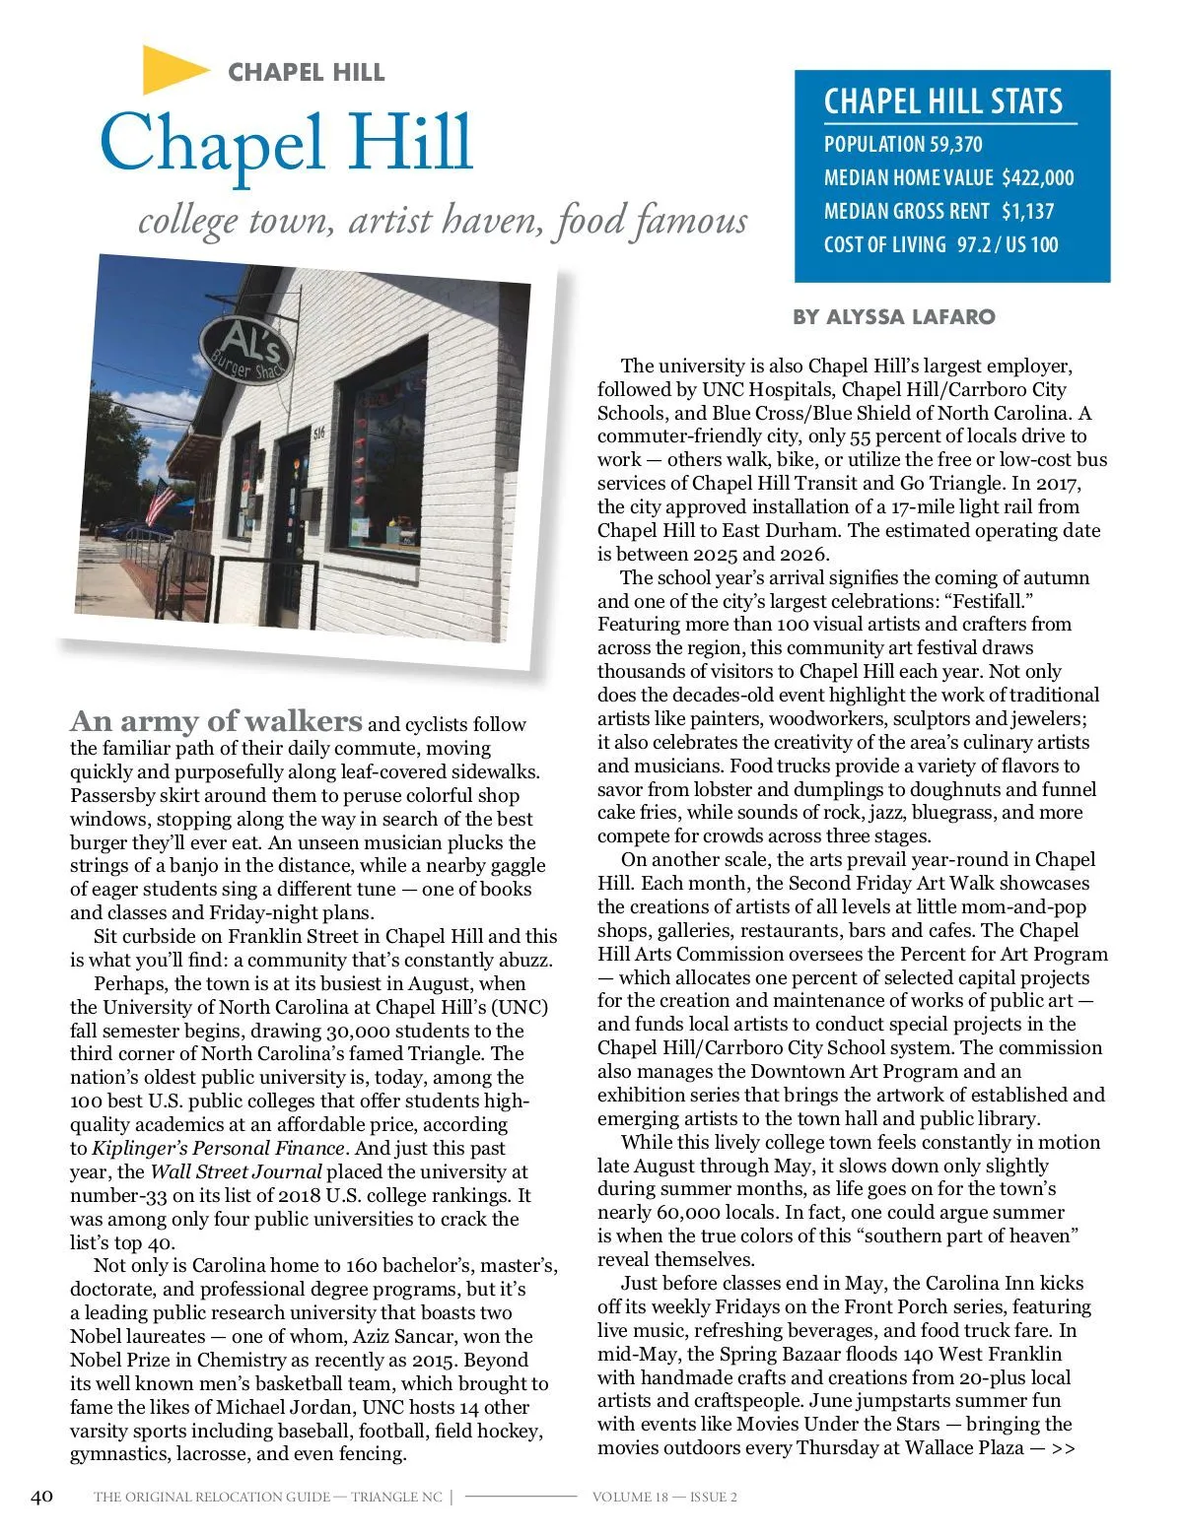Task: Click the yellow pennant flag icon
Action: [x=174, y=70]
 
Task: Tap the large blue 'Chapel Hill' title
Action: [x=286, y=143]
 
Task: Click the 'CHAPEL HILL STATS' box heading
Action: [x=942, y=101]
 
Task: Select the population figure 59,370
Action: [x=955, y=145]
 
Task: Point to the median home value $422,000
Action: [x=1037, y=178]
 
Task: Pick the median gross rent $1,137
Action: [x=1027, y=212]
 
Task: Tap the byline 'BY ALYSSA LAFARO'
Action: [x=894, y=317]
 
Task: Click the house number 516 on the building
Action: [x=318, y=434]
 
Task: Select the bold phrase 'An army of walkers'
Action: [x=216, y=721]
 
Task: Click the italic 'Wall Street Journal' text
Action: [x=236, y=1172]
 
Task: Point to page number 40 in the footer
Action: [x=41, y=1497]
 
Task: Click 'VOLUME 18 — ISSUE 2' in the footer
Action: [x=664, y=1498]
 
